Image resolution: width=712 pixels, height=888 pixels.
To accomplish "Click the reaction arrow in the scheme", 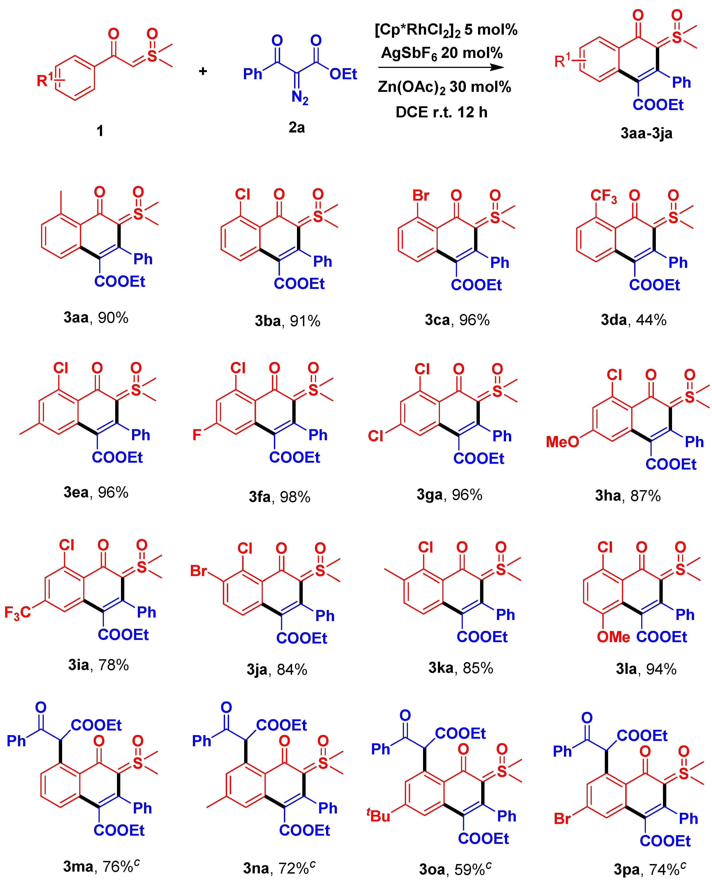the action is coord(441,67).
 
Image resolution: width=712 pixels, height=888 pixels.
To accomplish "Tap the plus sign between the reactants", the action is coord(203,71).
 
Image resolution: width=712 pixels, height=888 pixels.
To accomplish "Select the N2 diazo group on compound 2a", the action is coord(300,98).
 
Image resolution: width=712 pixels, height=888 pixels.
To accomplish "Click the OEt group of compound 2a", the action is coord(343,74).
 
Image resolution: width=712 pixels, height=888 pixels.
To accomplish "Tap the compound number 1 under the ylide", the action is coord(100,131).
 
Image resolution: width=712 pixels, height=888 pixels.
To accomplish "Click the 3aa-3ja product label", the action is coord(646,133).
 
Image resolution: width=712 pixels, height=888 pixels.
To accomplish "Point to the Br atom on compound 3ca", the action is coord(421,196).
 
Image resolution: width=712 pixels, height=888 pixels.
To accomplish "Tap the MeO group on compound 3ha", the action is coord(562,442).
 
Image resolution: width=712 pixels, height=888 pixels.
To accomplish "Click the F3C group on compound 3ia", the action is coord(17,612).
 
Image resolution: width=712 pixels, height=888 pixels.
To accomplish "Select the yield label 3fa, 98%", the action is coord(279,497).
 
